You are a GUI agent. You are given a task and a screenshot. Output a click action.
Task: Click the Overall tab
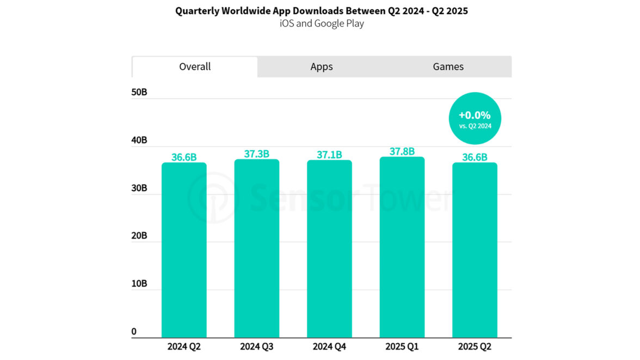point(195,67)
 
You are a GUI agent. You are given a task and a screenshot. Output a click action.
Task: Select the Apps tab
point(321,67)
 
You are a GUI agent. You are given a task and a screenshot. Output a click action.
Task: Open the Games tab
point(448,67)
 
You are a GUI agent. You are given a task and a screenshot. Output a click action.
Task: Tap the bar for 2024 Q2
point(184,250)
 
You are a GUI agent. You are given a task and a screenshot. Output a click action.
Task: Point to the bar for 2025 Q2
point(475,250)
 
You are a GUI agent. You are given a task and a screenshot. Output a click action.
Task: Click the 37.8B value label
point(402,152)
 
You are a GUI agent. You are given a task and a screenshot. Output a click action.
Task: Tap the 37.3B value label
point(256,154)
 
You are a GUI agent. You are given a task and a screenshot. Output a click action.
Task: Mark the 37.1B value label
point(329,155)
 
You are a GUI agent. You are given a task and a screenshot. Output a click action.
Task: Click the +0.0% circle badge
point(475,118)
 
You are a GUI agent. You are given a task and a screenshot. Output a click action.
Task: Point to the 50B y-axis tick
point(139,92)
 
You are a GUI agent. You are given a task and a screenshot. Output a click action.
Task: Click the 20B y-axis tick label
point(139,236)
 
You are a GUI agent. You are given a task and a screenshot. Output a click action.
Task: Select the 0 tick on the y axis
point(134,332)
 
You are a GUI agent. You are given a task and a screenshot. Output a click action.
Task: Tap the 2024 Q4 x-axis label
point(329,346)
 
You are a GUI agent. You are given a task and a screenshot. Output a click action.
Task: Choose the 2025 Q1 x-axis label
point(402,346)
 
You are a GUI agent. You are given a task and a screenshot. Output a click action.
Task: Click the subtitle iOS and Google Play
point(322,23)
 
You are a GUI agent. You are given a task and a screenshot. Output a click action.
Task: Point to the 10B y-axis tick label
point(139,284)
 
